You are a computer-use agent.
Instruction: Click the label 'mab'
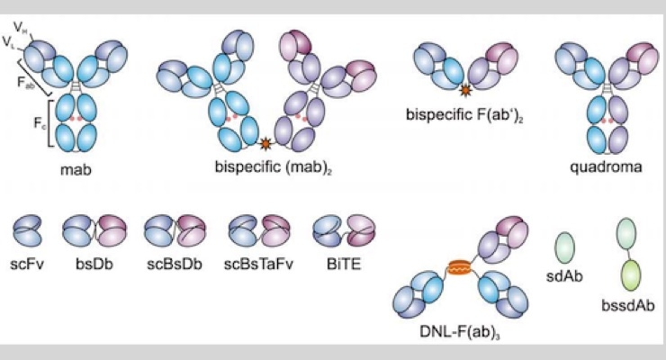(76, 170)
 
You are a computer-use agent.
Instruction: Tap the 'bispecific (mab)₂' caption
(273, 166)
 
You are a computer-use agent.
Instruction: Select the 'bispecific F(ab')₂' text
(464, 115)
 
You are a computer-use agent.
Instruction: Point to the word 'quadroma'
(606, 166)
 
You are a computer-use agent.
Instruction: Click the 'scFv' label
(27, 264)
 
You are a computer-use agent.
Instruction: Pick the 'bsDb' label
(94, 264)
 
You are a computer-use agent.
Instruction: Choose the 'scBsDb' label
(174, 264)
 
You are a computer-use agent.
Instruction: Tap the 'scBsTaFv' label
(258, 264)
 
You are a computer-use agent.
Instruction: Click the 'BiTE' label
(344, 264)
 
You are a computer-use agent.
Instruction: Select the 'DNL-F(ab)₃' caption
(460, 331)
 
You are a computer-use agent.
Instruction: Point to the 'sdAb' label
(564, 276)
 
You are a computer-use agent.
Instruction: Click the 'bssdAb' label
(628, 306)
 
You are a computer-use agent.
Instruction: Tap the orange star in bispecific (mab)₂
(265, 144)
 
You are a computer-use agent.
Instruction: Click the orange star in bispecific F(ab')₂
(466, 90)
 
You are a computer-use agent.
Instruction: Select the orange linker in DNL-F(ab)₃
(459, 268)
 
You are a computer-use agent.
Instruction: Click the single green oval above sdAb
(565, 248)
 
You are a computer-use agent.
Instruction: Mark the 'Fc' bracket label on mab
(39, 123)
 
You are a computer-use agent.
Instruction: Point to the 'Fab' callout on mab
(26, 81)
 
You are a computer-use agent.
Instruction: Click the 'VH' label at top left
(20, 28)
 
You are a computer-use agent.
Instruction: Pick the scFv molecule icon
(27, 230)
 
